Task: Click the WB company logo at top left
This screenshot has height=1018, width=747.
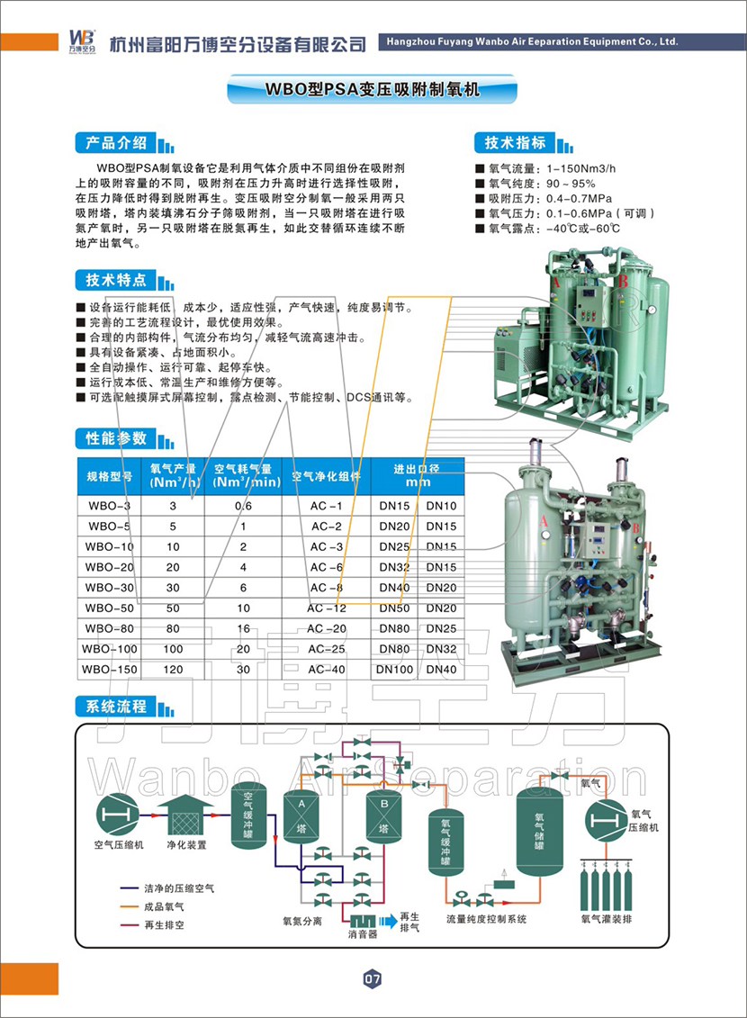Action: [81, 41]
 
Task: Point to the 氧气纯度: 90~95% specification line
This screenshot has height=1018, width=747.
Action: [535, 183]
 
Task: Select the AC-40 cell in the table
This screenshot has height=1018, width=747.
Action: [327, 669]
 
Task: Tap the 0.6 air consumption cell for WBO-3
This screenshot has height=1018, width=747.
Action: [243, 506]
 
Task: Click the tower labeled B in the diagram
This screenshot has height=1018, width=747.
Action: [383, 815]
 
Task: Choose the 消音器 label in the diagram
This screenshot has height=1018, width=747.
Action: [363, 934]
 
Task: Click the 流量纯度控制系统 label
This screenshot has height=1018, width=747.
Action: [486, 920]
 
